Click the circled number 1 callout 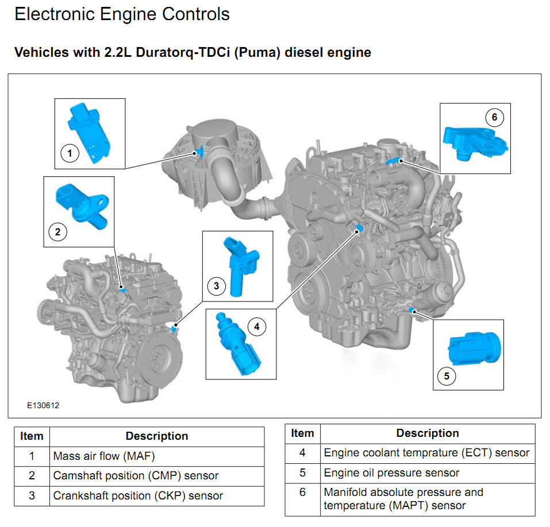pos(70,153)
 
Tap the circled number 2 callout pos(57,232)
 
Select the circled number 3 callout pos(216,285)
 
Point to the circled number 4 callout pos(257,327)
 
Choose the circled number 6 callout pos(494,118)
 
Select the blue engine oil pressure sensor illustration pos(474,348)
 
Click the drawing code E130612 pos(43,405)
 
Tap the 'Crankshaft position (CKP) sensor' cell pos(138,495)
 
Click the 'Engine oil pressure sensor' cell pos(391,472)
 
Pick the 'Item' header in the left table pos(32,436)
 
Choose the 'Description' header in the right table pos(428,433)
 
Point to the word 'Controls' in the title pos(195,14)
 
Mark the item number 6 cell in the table pos(302,493)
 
